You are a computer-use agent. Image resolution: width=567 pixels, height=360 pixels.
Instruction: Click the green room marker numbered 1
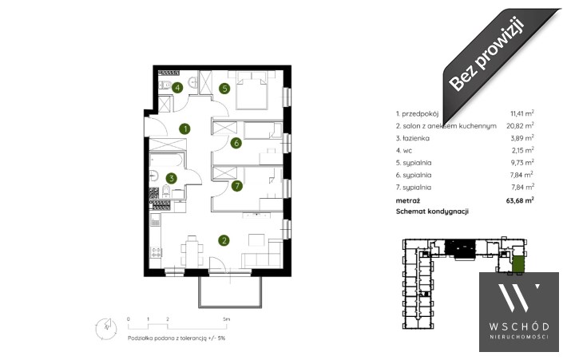pos(185,129)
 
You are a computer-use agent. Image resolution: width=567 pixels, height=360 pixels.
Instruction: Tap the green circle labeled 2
pos(224,240)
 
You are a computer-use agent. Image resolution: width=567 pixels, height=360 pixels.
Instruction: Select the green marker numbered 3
pos(172,178)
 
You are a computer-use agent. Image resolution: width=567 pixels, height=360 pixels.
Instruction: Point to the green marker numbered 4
pos(177,88)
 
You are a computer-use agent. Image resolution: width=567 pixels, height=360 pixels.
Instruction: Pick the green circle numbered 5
pos(225,88)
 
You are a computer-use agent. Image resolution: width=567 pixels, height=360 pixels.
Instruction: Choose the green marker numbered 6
pos(236,143)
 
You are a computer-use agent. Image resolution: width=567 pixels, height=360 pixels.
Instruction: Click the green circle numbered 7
pos(237,186)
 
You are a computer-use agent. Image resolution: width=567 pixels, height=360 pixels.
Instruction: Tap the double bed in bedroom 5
pos(252,90)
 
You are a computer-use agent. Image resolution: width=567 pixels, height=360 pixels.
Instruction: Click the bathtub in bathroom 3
pos(167,160)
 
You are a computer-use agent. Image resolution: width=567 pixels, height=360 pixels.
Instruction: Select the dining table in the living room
pos(192,251)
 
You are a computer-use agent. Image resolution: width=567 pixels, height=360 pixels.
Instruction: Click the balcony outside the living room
pos(230,291)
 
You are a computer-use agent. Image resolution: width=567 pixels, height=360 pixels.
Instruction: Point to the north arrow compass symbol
pos(106,329)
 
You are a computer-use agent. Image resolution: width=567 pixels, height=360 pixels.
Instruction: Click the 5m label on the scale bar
pos(226,319)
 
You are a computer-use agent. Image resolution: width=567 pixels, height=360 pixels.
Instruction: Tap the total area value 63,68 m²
pos(521,200)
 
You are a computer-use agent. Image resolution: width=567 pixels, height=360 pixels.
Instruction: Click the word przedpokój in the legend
pos(420,114)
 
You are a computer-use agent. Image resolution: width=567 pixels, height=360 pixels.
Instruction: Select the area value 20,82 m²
pos(520,126)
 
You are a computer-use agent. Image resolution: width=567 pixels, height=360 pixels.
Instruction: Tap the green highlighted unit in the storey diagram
pos(517,264)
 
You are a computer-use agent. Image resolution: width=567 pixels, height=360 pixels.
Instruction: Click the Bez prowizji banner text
pos(487,54)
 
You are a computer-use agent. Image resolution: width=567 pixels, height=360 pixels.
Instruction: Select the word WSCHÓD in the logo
pos(519,326)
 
